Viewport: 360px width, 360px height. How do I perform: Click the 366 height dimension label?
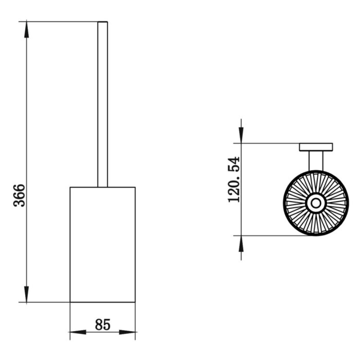click(19, 195)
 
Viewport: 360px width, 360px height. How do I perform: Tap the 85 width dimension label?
click(103, 324)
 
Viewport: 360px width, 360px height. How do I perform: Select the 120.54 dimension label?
click(234, 179)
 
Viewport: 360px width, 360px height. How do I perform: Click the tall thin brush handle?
click(103, 104)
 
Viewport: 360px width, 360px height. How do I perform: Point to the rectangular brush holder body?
click(103, 244)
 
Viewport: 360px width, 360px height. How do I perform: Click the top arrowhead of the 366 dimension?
click(27, 29)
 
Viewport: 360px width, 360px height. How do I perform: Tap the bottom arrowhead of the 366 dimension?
click(27, 294)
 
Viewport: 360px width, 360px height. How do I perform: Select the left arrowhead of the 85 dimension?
click(78, 332)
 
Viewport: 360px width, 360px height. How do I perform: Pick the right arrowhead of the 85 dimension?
click(127, 332)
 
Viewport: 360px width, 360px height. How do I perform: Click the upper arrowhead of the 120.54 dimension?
click(241, 135)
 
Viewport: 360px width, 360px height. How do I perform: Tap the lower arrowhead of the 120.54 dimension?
click(241, 243)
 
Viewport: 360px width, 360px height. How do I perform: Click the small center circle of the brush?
click(316, 203)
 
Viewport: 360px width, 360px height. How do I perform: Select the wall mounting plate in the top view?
click(316, 147)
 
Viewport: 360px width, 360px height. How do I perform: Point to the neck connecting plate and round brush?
click(316, 161)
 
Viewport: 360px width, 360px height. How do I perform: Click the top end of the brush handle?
click(103, 22)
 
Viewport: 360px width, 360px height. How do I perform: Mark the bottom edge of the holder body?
click(103, 302)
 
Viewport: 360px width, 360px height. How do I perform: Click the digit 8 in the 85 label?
click(99, 324)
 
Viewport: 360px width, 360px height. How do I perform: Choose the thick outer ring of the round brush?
click(316, 203)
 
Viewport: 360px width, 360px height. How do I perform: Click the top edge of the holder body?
click(103, 187)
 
